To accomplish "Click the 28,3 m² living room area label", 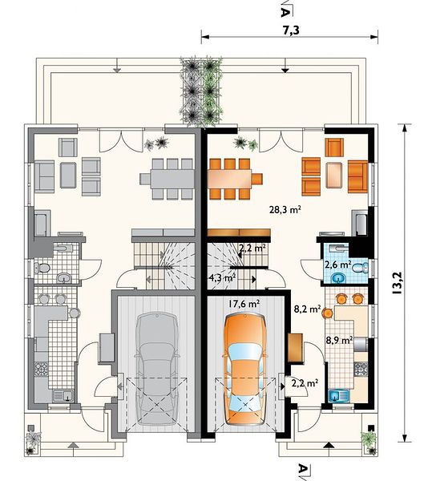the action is click(x=285, y=209).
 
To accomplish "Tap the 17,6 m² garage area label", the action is click(x=244, y=304).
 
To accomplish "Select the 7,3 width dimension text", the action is click(x=291, y=30).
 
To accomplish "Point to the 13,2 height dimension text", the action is click(x=396, y=284).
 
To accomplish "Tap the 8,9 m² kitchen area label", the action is click(x=339, y=340).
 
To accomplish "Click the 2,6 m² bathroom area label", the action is click(x=337, y=265).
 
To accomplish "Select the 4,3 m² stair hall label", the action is click(x=222, y=278).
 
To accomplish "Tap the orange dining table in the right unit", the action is click(x=230, y=178).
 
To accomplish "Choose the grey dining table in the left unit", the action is click(x=172, y=178).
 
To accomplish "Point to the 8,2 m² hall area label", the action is click(x=307, y=309).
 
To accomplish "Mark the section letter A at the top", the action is click(x=285, y=12).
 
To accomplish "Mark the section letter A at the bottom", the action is click(x=303, y=469).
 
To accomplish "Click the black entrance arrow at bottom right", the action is click(x=329, y=445).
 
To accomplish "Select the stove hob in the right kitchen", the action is click(x=361, y=369).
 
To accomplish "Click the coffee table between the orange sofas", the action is click(x=334, y=175).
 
